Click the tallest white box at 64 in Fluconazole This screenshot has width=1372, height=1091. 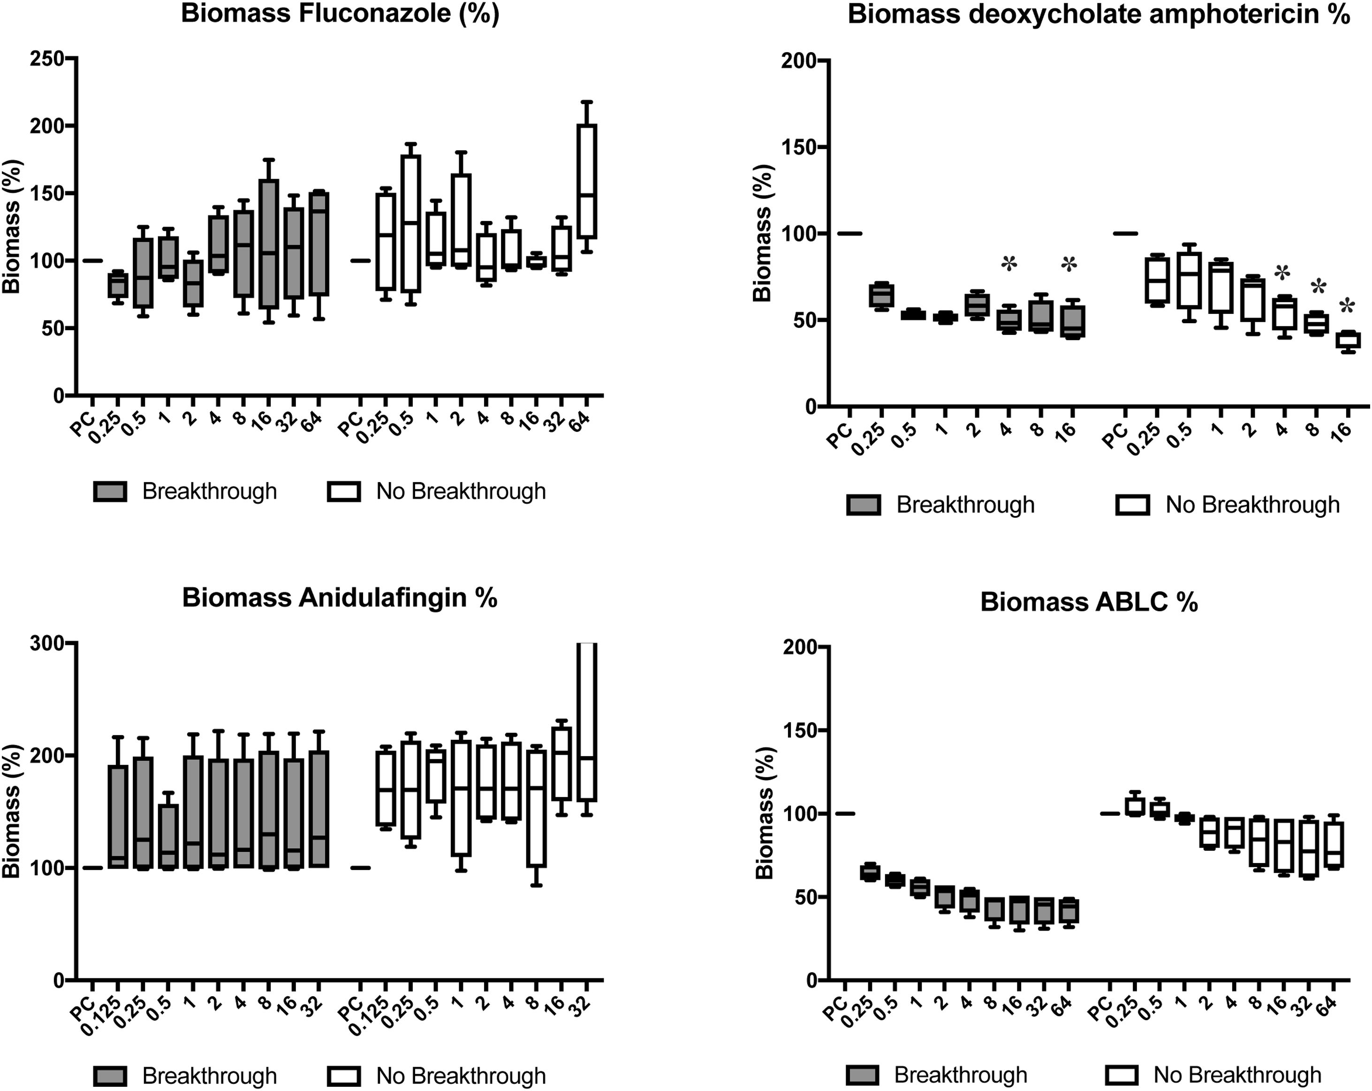pyautogui.click(x=587, y=182)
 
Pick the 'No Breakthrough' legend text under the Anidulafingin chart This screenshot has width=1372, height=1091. pyautogui.click(x=461, y=1076)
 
